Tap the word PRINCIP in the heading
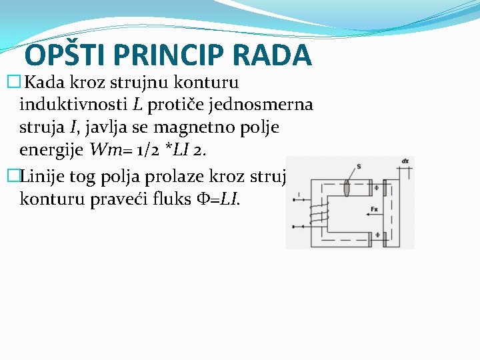(173, 56)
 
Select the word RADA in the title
(278, 56)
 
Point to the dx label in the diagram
(405, 161)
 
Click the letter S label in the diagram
(359, 167)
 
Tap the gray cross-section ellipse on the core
(347, 188)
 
